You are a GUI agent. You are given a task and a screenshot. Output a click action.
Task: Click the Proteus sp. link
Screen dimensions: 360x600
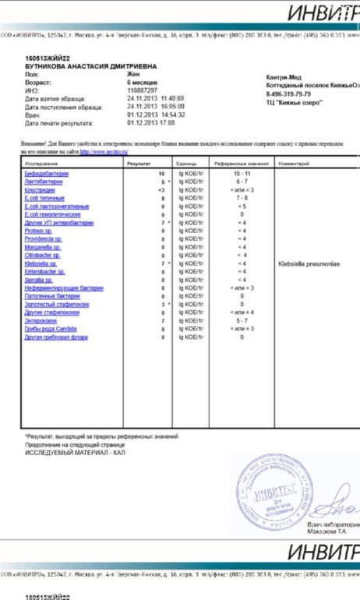click(x=37, y=231)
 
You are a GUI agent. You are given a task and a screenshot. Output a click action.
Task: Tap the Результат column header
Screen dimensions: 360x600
click(x=139, y=164)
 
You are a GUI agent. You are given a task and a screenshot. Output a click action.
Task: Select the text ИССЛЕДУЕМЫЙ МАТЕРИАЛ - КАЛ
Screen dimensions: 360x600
click(x=75, y=452)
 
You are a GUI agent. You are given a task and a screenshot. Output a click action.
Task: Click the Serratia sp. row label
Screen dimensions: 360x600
click(x=37, y=280)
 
